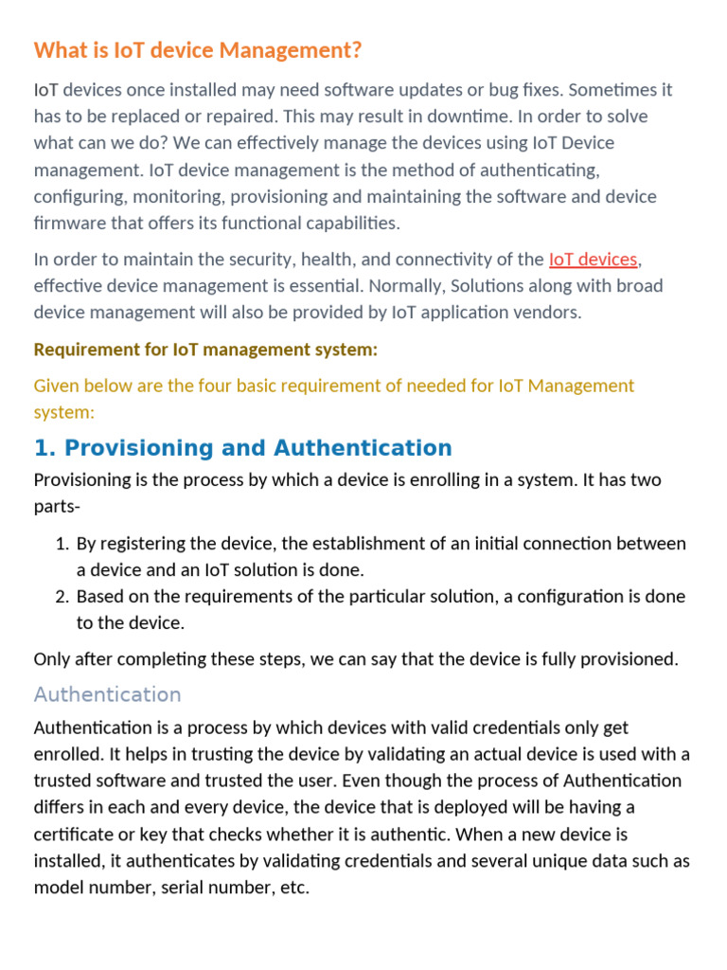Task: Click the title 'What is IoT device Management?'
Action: point(198,50)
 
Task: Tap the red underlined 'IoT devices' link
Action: point(594,259)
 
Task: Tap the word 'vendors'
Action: point(546,312)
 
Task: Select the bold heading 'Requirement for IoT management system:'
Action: point(205,350)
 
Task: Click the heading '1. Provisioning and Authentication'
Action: point(243,448)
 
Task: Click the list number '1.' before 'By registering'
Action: point(62,544)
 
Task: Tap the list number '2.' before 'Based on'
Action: point(62,597)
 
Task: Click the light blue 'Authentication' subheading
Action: point(107,694)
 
